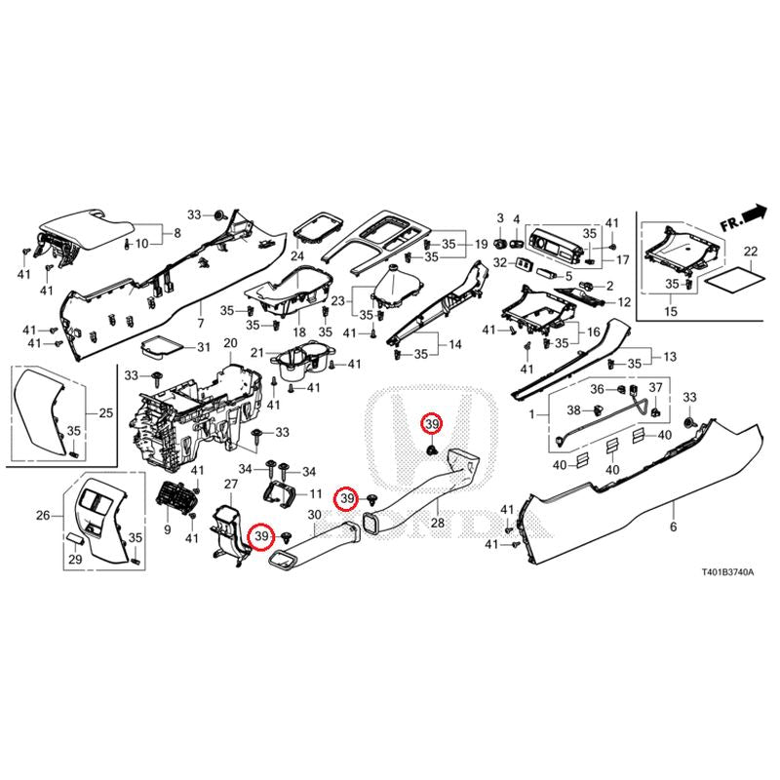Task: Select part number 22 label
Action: (x=750, y=252)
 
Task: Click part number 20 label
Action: (x=230, y=343)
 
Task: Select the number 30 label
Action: (x=314, y=515)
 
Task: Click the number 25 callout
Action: (x=105, y=413)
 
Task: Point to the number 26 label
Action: (x=43, y=515)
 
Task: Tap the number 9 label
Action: (x=167, y=529)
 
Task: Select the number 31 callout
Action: (x=203, y=348)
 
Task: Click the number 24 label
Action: (x=296, y=256)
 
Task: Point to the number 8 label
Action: (x=176, y=233)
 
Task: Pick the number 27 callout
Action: (x=230, y=485)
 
